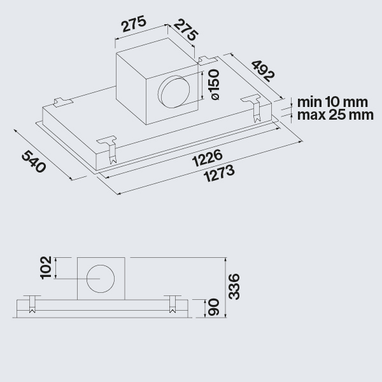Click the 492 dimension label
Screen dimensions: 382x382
(263, 71)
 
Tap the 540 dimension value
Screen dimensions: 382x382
(34, 161)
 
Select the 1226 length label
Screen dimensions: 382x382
(208, 158)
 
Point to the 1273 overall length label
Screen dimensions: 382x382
(220, 173)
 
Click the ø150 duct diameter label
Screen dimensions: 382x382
(215, 84)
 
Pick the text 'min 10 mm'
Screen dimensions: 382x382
(332, 103)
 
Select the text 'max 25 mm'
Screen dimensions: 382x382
(336, 115)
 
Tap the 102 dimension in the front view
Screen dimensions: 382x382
(46, 267)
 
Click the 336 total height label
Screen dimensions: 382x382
(234, 286)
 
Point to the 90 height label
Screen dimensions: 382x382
(214, 307)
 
